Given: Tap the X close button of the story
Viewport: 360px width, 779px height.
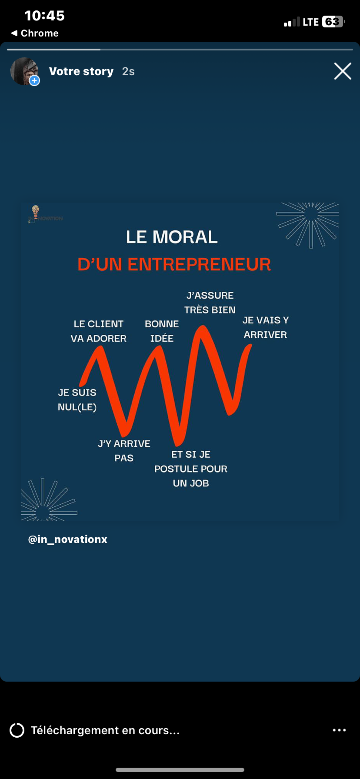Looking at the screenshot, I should tap(343, 71).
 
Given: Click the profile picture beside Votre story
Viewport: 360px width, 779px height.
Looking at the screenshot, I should tap(24, 71).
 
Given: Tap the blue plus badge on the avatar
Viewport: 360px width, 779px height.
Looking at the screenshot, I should tap(34, 80).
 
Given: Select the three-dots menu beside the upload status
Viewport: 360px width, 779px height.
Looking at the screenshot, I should tap(339, 730).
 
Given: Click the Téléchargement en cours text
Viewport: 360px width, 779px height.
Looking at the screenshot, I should tap(105, 730).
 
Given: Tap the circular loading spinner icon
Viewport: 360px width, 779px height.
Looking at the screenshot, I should tap(17, 730).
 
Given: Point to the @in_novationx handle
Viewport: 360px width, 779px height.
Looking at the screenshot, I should tap(68, 539).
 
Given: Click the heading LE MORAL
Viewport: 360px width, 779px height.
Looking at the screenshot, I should tap(172, 237).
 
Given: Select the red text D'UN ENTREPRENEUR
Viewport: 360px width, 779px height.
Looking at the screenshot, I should tap(174, 264).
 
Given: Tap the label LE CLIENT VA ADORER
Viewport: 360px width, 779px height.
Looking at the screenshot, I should tap(99, 331).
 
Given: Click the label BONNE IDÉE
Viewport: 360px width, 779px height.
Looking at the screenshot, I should tap(162, 331).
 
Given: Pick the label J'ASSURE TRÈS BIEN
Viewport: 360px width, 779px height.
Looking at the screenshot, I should tap(210, 303).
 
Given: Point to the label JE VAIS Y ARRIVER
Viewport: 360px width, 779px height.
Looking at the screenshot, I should tap(266, 327).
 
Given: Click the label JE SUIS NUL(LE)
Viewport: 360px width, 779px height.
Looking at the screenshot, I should tap(77, 399).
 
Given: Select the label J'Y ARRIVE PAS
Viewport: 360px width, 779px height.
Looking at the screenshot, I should tap(124, 451).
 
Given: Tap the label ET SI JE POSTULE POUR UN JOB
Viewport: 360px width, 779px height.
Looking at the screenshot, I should tap(191, 469).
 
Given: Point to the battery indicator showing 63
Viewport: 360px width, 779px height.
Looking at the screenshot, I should tap(333, 22).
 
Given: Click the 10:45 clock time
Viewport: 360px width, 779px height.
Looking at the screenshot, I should tap(45, 16).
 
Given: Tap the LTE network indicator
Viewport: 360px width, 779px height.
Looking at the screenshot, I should tap(311, 22).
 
